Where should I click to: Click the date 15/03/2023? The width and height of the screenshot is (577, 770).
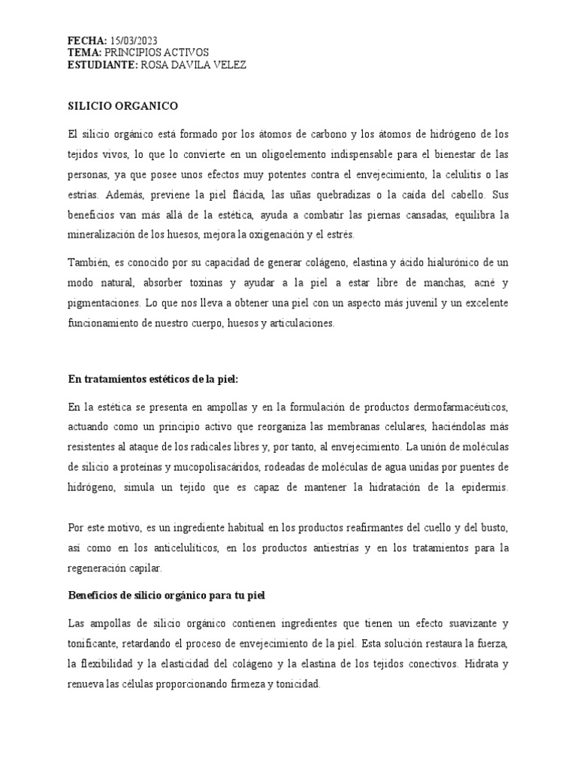(x=134, y=40)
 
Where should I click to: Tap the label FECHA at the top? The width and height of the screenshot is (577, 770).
(x=87, y=40)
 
